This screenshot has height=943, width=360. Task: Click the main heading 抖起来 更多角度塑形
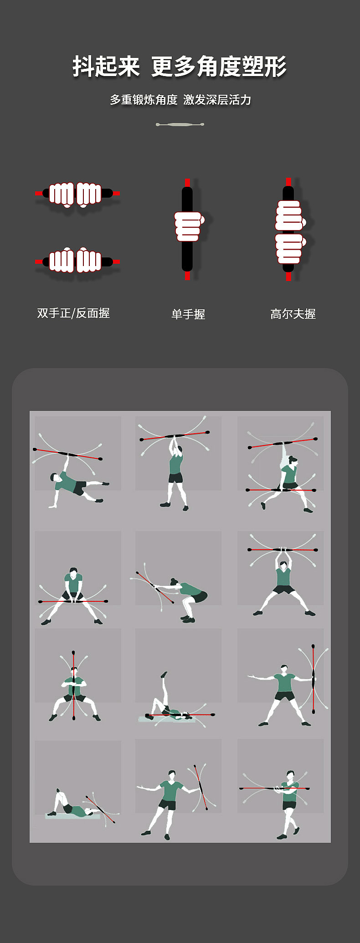point(180,67)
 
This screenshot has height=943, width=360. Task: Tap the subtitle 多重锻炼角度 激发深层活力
point(180,100)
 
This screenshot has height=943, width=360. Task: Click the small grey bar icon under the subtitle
point(180,124)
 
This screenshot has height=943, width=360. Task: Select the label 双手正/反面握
point(73,313)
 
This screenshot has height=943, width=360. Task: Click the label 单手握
point(188,314)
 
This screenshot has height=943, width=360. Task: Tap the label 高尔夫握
point(293,314)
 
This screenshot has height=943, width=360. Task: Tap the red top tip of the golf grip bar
point(288,182)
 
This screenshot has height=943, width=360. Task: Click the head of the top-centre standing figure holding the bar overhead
point(179,450)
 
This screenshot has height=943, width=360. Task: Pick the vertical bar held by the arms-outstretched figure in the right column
point(313,679)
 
